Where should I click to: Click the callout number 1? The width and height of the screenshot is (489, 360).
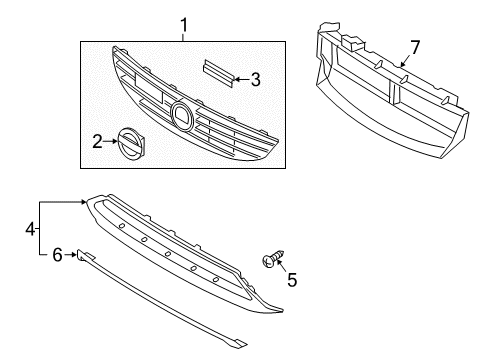point(183,23)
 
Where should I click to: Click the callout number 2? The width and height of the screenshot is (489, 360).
point(98,144)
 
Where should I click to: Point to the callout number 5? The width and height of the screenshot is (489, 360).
point(291,282)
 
